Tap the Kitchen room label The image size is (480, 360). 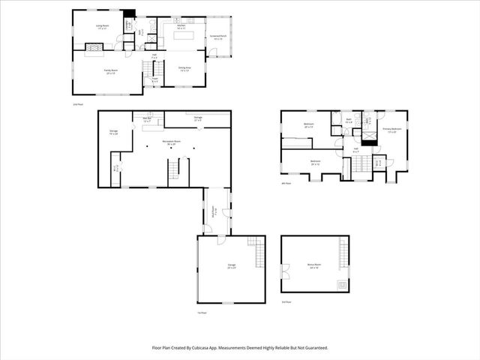[181, 27]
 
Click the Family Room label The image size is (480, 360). [110, 71]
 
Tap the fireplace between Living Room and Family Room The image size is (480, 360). [94, 50]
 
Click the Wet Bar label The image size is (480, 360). [147, 119]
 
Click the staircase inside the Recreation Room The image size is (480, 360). [175, 170]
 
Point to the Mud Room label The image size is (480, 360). [214, 211]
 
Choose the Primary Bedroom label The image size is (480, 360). [392, 129]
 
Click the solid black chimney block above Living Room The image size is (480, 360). [130, 13]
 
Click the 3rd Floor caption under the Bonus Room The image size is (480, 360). [286, 301]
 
